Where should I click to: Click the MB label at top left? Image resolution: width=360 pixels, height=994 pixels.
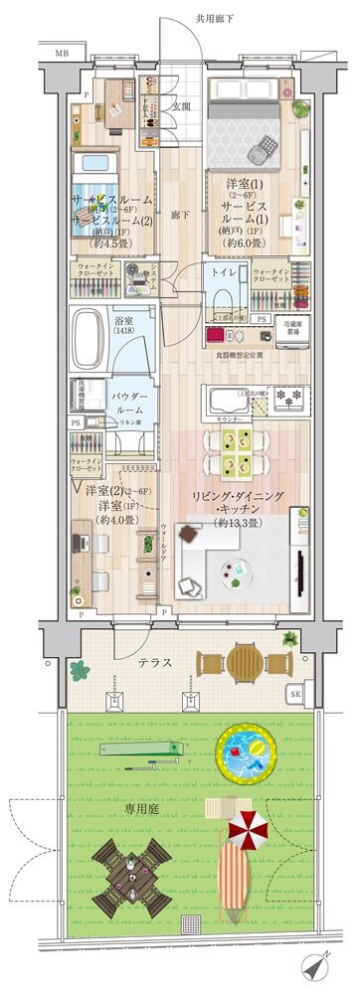click(x=62, y=53)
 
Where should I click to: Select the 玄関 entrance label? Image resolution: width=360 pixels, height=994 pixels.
click(x=182, y=106)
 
